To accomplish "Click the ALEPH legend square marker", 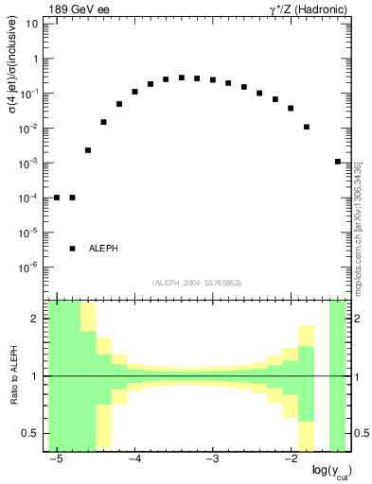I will [73, 248].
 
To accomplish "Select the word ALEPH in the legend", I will [103, 249].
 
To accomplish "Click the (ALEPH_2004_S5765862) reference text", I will [196, 283].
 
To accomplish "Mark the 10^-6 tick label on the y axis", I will [31, 268].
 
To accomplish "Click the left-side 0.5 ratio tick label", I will [31, 434].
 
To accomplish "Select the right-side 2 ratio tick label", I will [356, 320].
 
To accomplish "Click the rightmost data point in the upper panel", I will [338, 162].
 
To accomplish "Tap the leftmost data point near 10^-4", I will [57, 198].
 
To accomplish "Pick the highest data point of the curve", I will [182, 78].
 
